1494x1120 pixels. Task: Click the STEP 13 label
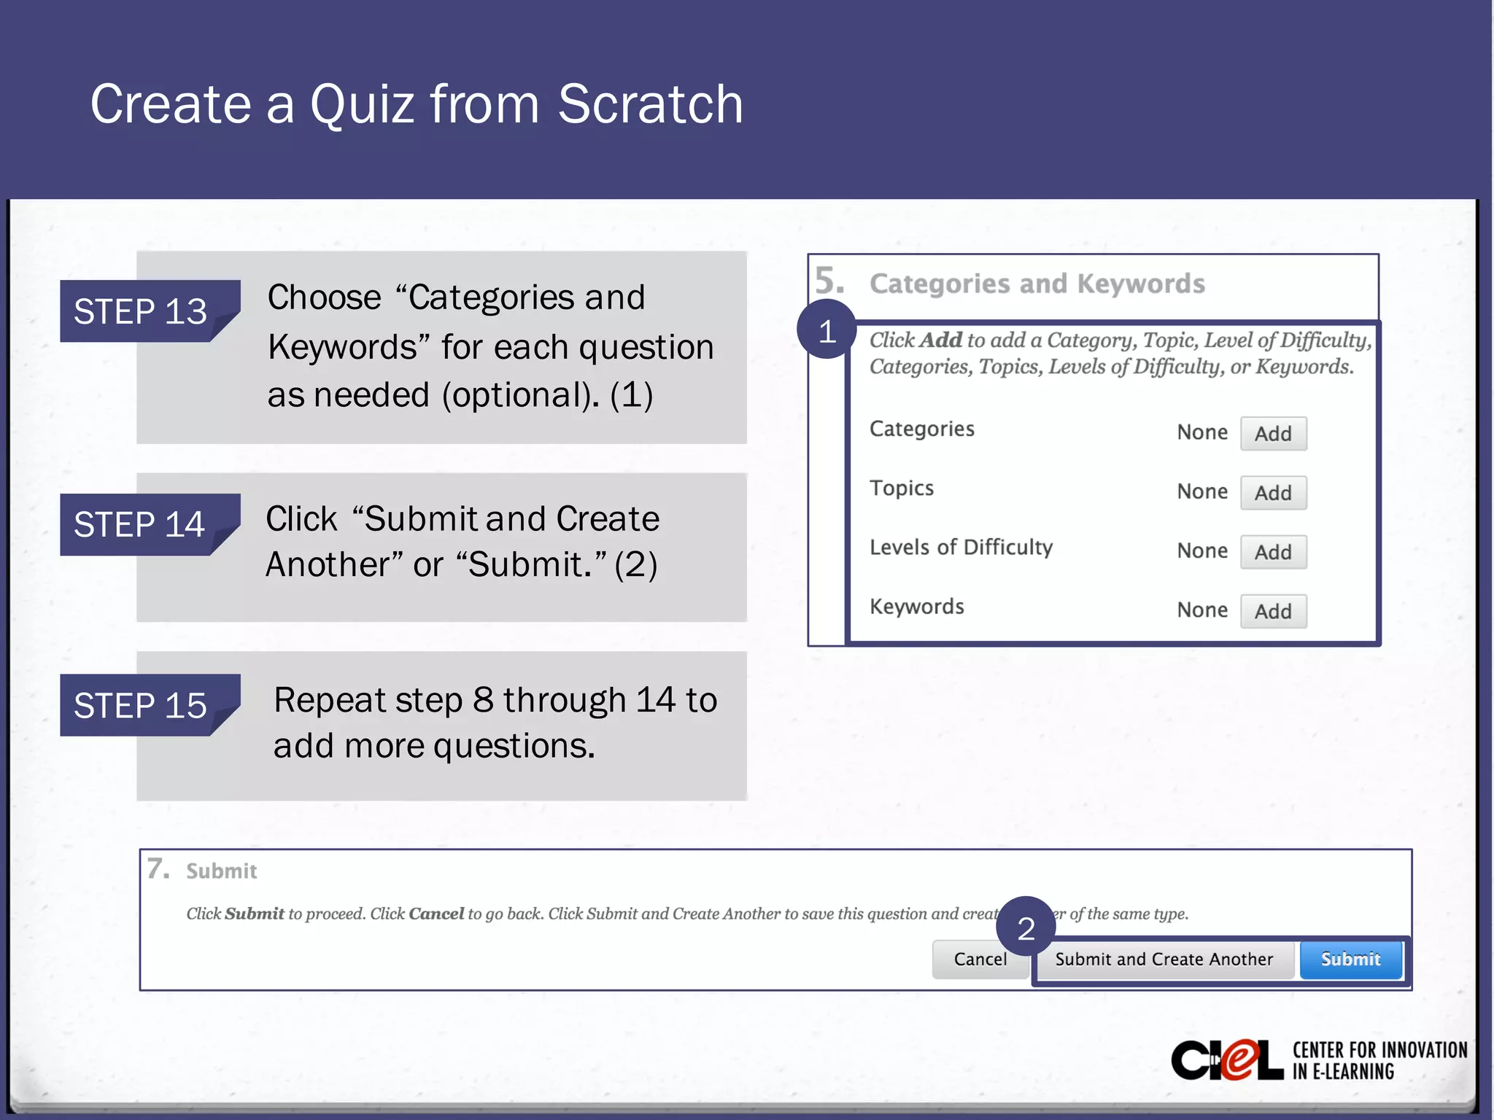coord(141,311)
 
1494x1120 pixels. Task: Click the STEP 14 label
coord(139,524)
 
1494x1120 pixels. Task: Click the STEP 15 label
coord(141,705)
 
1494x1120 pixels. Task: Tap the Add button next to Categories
coord(1273,434)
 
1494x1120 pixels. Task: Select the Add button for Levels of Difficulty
coord(1273,552)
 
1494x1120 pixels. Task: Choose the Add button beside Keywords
coord(1273,611)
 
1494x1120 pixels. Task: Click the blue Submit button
coord(1350,960)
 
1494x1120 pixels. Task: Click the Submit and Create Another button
coord(1164,960)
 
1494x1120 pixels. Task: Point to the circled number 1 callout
coord(827,332)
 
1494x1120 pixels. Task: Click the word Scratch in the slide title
coord(650,104)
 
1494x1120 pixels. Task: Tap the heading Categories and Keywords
coord(1037,284)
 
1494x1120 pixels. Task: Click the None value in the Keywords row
coord(1202,610)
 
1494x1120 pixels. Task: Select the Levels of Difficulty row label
coord(961,548)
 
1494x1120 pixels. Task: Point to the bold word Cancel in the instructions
coord(436,914)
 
